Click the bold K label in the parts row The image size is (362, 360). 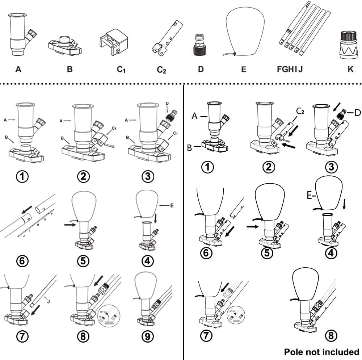(350, 69)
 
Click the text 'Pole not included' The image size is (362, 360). (321, 352)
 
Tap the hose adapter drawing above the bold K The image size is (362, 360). (349, 45)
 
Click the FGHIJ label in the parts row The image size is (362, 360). (290, 69)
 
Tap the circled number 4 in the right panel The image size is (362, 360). (331, 253)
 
